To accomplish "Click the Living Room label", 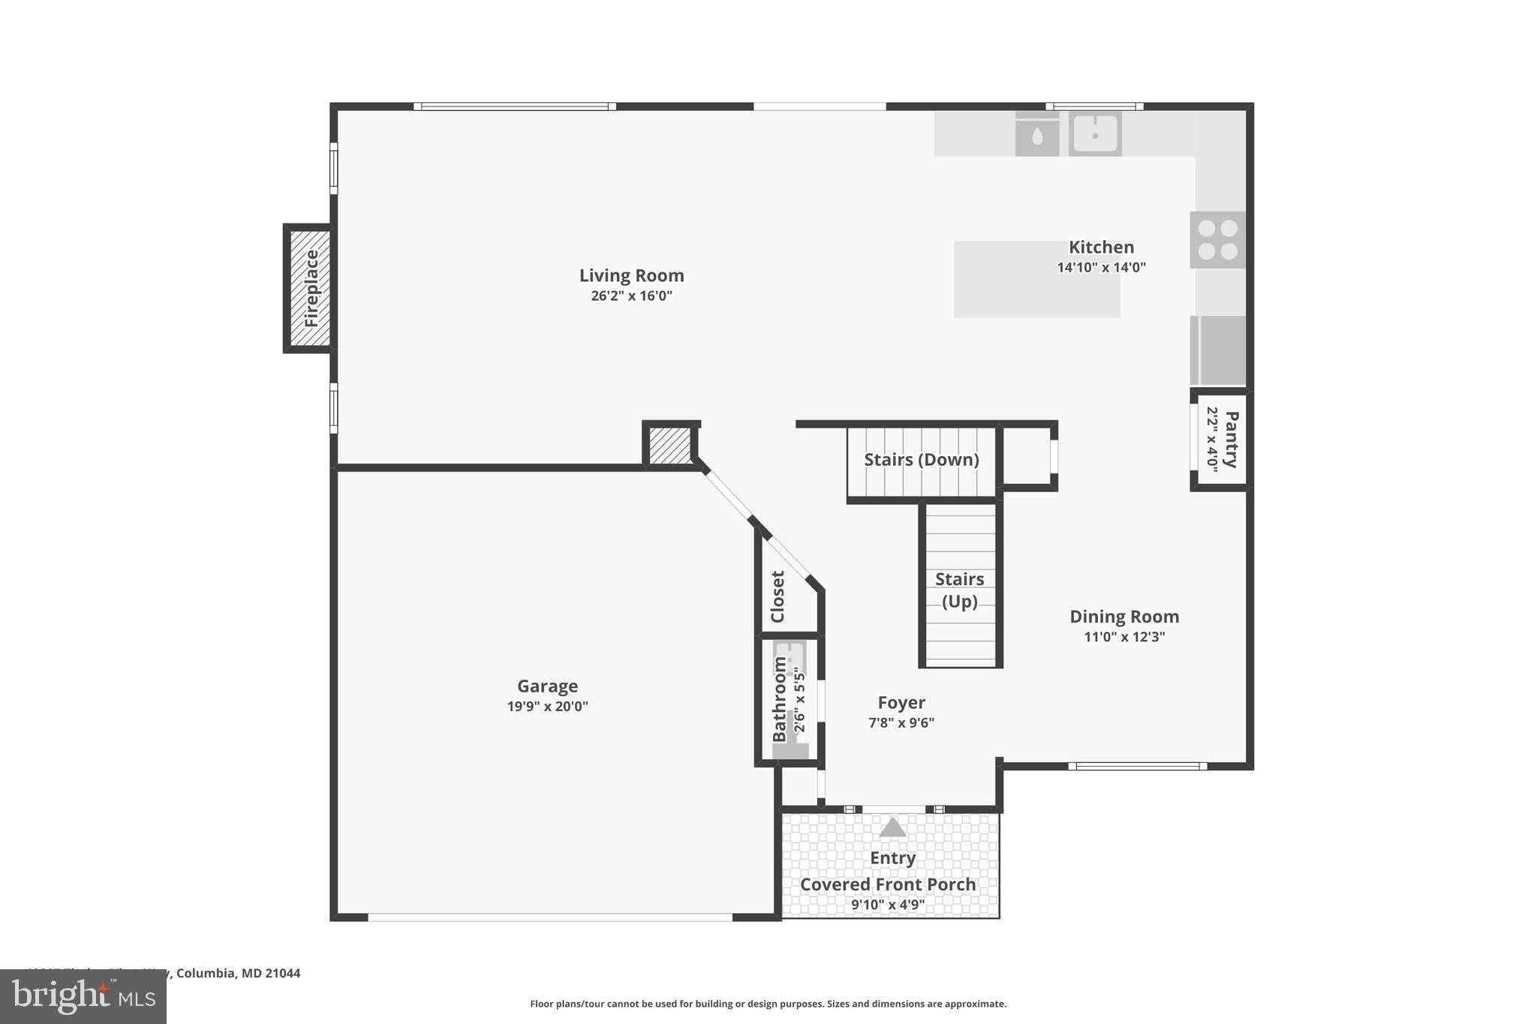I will pyautogui.click(x=631, y=275).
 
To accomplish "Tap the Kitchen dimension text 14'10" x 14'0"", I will pyautogui.click(x=1101, y=268).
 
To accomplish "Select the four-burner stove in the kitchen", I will pyautogui.click(x=1217, y=240).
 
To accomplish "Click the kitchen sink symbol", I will pyautogui.click(x=1095, y=134).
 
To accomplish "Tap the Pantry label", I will pyautogui.click(x=1231, y=440).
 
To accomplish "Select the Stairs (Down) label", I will pyautogui.click(x=921, y=460).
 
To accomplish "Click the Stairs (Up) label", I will pyautogui.click(x=959, y=590).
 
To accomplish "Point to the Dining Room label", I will pyautogui.click(x=1123, y=617).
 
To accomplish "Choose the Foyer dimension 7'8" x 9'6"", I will pyautogui.click(x=901, y=723).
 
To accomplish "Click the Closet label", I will pyautogui.click(x=778, y=596).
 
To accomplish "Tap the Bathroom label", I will pyautogui.click(x=780, y=699).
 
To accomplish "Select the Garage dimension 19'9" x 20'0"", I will pyautogui.click(x=547, y=706).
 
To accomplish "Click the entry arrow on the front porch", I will pyautogui.click(x=892, y=827).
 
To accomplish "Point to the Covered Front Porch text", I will pyautogui.click(x=888, y=884).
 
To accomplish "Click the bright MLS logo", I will pyautogui.click(x=83, y=996).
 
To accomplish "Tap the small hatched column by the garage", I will pyautogui.click(x=669, y=445).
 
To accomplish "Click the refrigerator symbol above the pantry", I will pyautogui.click(x=1217, y=350).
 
